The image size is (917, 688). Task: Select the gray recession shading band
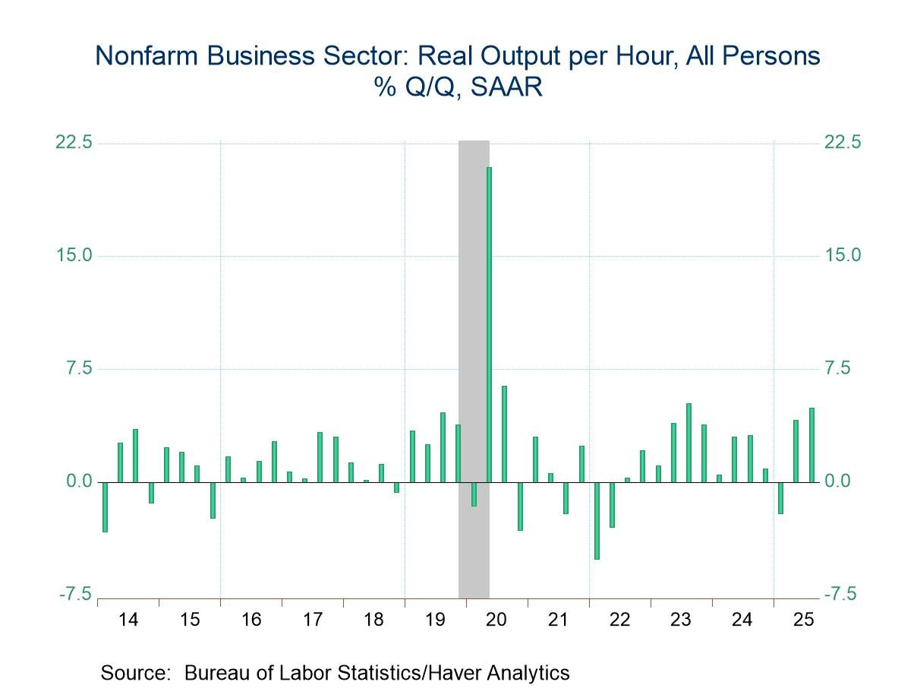[x=474, y=304]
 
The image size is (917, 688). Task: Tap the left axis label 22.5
[x=74, y=143]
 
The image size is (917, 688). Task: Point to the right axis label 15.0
[x=843, y=255]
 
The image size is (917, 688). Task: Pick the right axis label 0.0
[x=843, y=481]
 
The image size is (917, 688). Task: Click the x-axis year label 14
[x=128, y=620]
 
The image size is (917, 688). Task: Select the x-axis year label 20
[x=496, y=620]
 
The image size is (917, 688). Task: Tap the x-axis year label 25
[x=803, y=620]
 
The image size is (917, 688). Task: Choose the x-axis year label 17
[x=312, y=620]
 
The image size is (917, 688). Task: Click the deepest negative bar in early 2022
[x=597, y=520]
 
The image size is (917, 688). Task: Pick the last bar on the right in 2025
[x=811, y=445]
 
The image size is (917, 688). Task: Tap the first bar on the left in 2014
[x=105, y=507]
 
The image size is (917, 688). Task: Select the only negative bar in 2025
[x=780, y=497]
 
